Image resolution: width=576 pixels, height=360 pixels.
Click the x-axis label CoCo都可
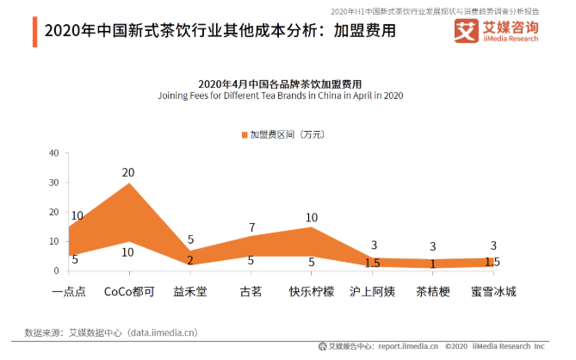click(127, 291)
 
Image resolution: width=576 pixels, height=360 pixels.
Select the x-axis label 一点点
click(69, 291)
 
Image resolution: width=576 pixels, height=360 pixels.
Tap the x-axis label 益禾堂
click(189, 291)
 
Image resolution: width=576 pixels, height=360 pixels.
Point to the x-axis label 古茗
click(251, 291)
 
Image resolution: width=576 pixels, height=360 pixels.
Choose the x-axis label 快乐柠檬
click(312, 291)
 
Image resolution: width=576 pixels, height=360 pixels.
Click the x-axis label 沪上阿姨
click(373, 291)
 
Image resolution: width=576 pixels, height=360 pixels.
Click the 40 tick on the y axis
click(53, 153)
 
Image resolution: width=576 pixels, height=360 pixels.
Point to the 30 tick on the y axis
click(53, 183)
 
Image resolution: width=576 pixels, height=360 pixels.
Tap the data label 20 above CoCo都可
click(128, 172)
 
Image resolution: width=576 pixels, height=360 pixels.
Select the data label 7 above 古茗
click(252, 227)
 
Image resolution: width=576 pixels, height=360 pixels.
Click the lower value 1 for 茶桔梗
click(435, 264)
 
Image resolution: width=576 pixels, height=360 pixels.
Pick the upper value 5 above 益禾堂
click(190, 239)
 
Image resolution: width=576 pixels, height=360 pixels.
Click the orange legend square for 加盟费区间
click(245, 134)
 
